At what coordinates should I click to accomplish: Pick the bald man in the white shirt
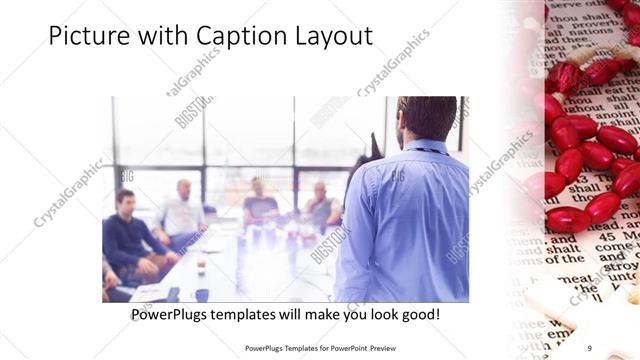point(182,212)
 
